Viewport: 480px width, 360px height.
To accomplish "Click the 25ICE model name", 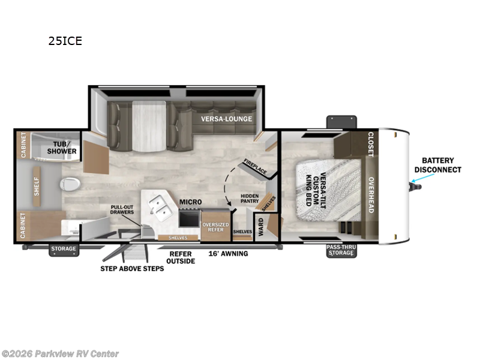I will (65, 41).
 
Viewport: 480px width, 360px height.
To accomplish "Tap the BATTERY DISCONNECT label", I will (437, 165).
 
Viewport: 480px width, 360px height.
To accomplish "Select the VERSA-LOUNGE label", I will (227, 118).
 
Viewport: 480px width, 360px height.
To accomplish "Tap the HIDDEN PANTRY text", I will (249, 199).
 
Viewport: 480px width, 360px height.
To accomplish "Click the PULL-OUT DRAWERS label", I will (122, 211).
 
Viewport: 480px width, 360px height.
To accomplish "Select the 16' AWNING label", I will (227, 253).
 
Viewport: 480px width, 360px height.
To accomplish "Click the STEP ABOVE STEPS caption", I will (132, 268).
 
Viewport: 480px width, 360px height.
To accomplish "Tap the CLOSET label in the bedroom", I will (370, 145).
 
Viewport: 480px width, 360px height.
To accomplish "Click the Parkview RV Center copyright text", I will (60, 353).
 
